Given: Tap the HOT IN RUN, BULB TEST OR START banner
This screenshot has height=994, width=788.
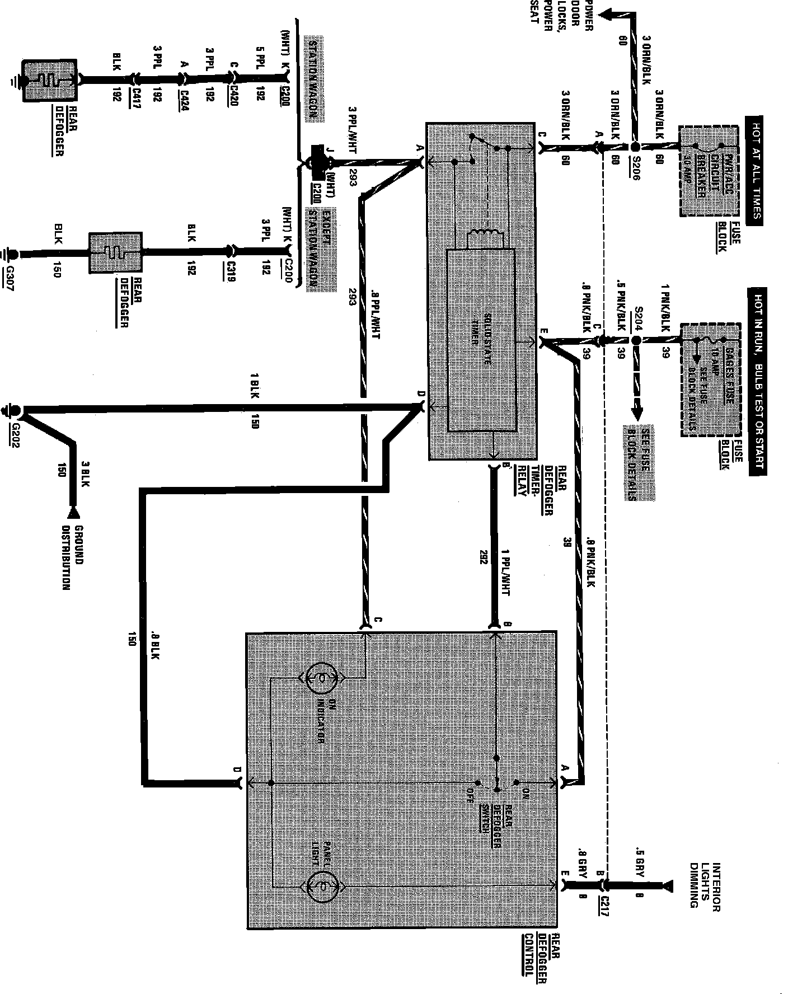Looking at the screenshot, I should click(758, 381).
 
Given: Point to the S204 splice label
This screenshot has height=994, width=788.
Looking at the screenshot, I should click(639, 318).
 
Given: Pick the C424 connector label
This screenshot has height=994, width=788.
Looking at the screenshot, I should click(185, 97).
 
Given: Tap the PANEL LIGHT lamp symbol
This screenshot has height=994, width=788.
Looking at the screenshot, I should click(321, 885).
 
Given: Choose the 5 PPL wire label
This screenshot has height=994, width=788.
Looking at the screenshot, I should click(260, 57).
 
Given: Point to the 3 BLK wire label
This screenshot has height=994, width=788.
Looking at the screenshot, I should click(86, 475).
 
